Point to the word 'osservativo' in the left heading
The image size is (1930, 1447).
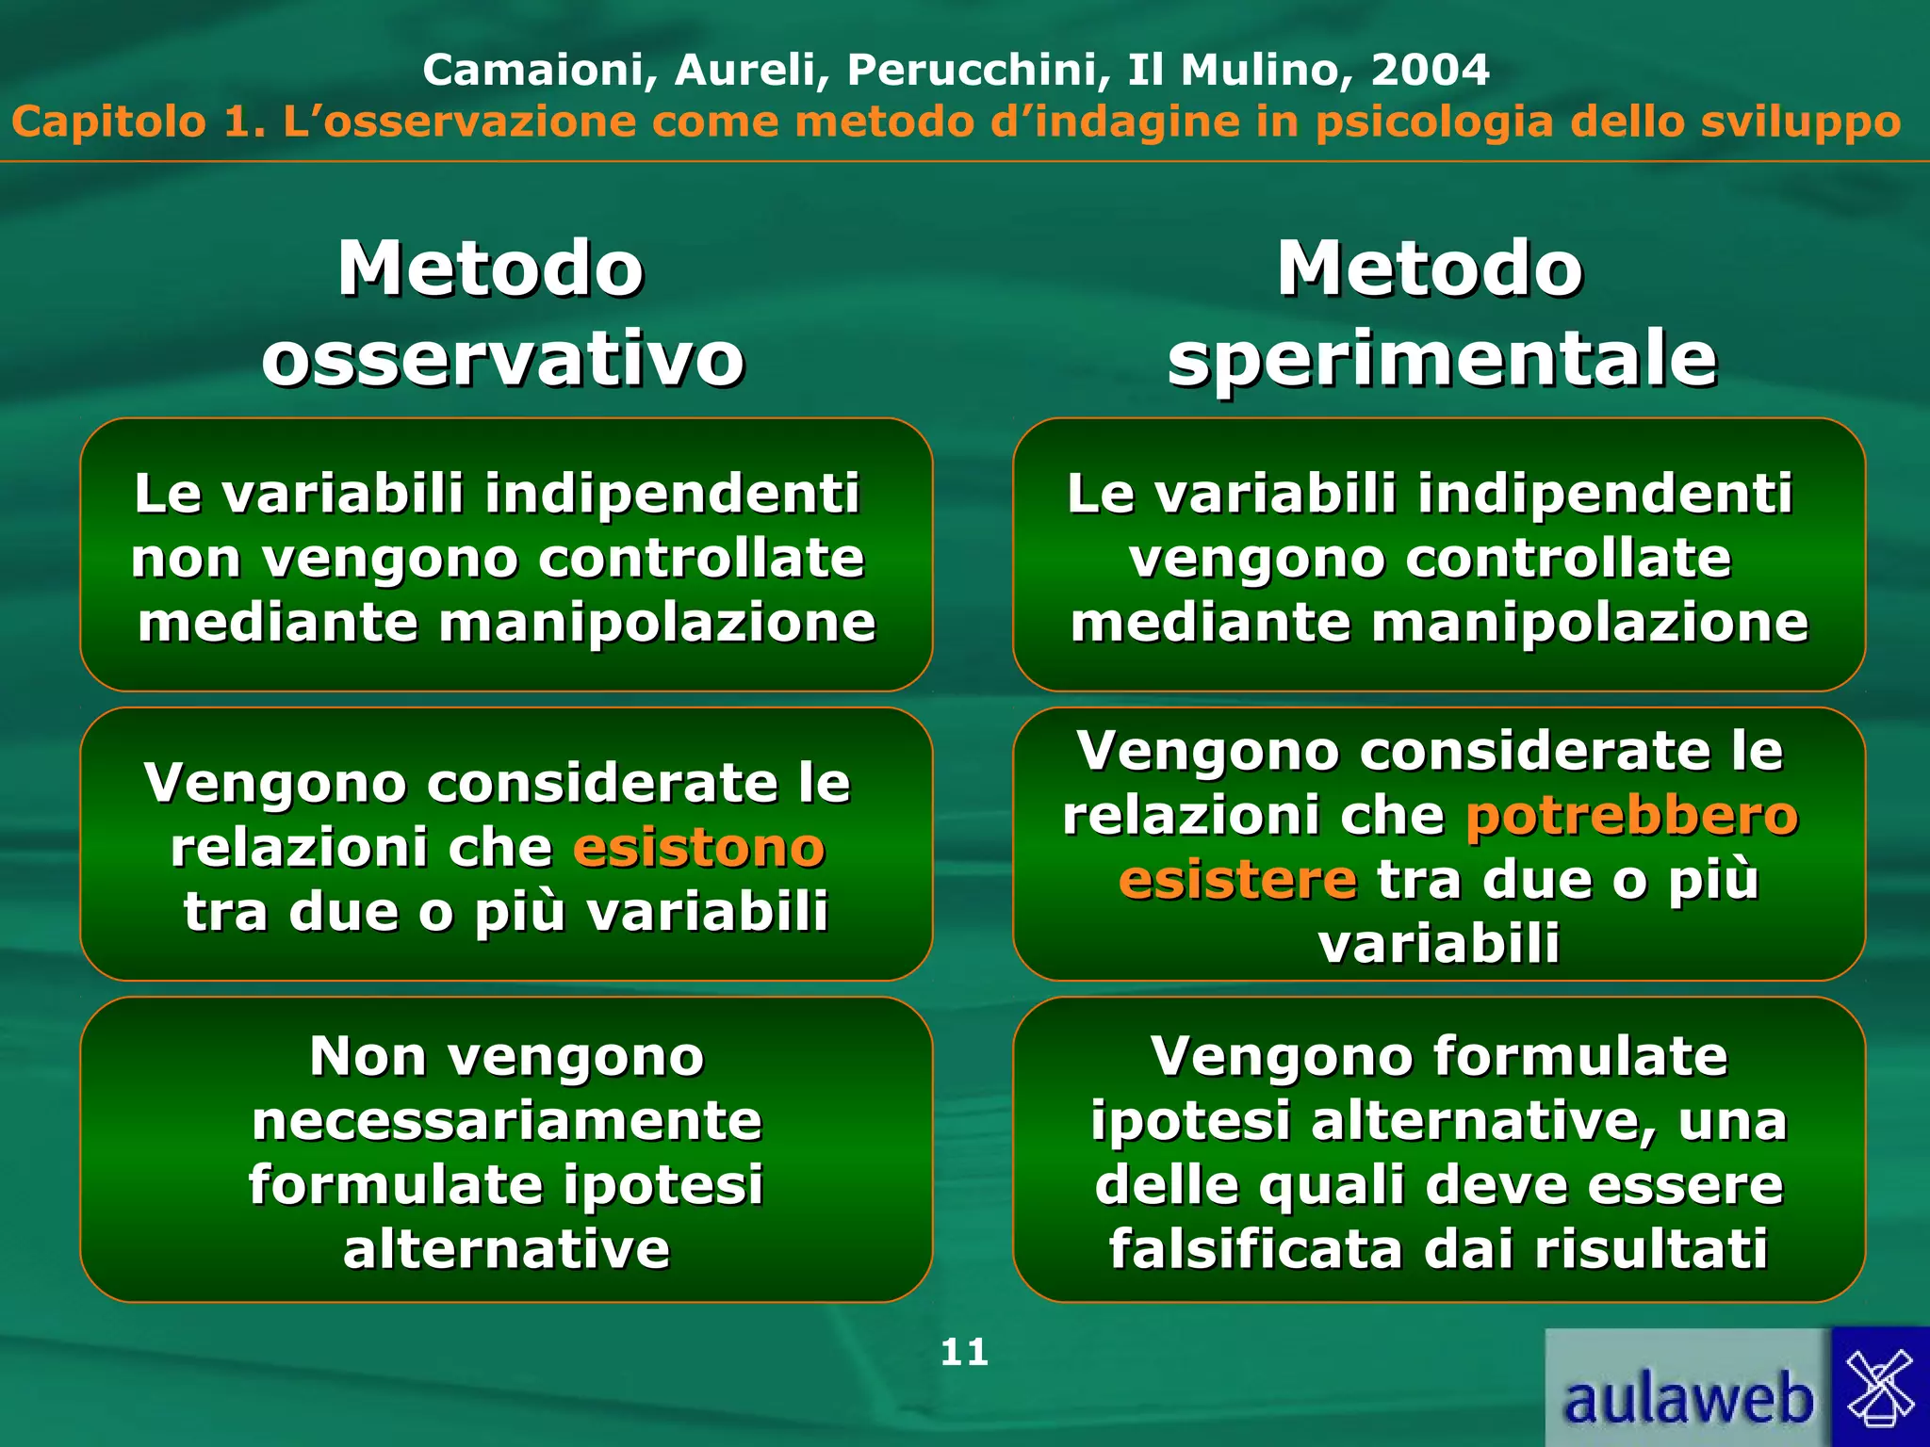503,359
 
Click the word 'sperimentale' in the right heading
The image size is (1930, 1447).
1442,359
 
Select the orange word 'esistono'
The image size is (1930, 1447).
699,847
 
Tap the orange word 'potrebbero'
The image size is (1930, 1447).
1631,815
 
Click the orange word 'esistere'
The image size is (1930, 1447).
1237,879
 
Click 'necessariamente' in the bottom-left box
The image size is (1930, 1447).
507,1120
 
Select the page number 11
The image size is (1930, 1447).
964,1353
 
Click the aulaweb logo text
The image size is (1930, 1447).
1687,1399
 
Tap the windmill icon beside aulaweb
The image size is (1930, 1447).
1880,1385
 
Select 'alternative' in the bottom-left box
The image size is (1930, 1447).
507,1249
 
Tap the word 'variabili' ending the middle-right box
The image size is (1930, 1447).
1439,943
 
